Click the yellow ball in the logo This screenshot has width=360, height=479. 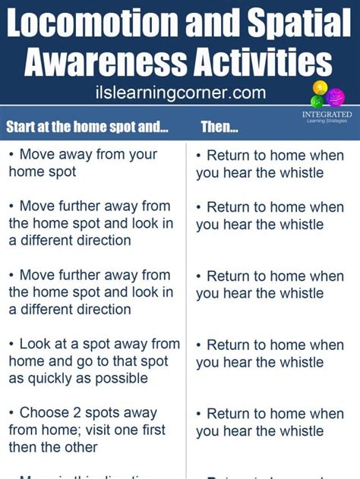tap(319, 86)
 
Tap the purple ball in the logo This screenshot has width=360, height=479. tap(335, 96)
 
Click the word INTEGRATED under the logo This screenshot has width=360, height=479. tap(322, 115)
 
